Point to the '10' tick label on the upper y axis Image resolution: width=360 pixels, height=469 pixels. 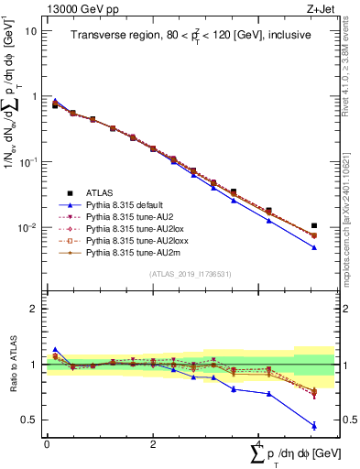pyautogui.click(x=30, y=30)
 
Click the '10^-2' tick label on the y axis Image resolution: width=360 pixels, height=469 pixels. pyautogui.click(x=27, y=227)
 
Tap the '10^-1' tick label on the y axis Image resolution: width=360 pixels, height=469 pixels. pyautogui.click(x=27, y=161)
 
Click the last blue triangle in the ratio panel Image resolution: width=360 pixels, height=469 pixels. pyautogui.click(x=314, y=425)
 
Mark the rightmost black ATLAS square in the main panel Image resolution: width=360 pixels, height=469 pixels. pyautogui.click(x=314, y=225)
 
